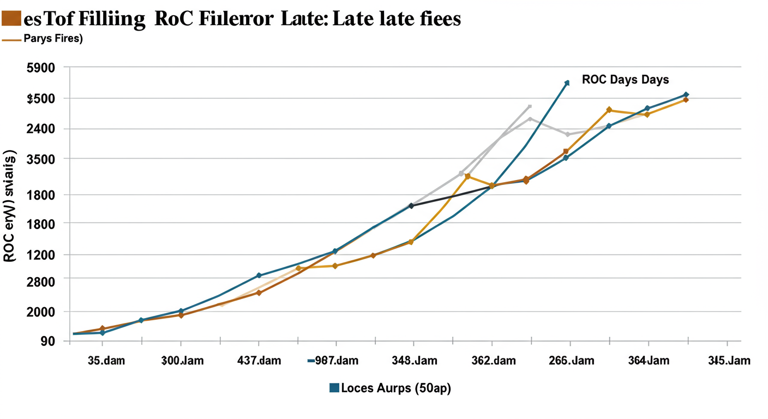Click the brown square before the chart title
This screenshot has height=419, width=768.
pyautogui.click(x=11, y=19)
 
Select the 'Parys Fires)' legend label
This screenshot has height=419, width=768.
pyautogui.click(x=52, y=39)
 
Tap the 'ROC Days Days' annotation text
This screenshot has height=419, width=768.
pyautogui.click(x=625, y=80)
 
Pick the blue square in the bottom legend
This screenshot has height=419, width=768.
pyautogui.click(x=334, y=388)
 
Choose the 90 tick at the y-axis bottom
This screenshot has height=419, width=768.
pyautogui.click(x=48, y=342)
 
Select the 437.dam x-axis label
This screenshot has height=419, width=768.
pyautogui.click(x=259, y=361)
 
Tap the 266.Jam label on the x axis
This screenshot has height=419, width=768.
pyautogui.click(x=571, y=361)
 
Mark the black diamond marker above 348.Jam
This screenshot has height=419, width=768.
pyautogui.click(x=411, y=206)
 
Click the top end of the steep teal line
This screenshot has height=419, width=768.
pyautogui.click(x=567, y=83)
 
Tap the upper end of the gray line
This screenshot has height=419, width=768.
pyautogui.click(x=530, y=106)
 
